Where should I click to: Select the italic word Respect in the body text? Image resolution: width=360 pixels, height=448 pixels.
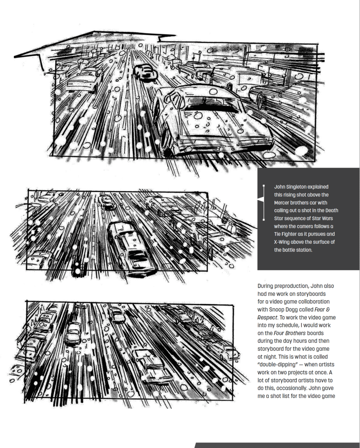click(266, 317)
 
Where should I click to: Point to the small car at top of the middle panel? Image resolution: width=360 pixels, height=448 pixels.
click(107, 202)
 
